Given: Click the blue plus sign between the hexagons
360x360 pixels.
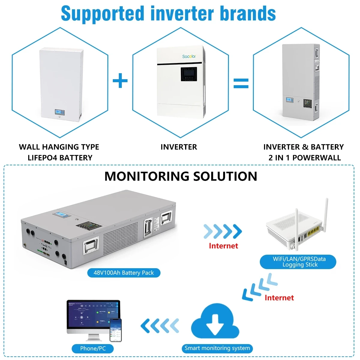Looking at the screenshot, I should pos(120,81).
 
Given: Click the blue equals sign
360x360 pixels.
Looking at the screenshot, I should pos(241,83).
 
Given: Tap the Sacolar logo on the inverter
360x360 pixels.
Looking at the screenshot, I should pos(189,56).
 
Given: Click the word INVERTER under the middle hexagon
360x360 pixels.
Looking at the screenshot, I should pos(179,147).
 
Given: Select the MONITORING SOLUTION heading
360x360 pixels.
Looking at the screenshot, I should pos(181,176).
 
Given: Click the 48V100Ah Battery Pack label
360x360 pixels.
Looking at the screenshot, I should pos(124,273).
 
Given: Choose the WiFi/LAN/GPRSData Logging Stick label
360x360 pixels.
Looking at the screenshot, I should pos(299,262).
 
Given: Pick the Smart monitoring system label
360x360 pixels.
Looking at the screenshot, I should pos(217,348).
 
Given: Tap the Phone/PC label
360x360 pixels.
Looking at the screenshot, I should pos(93,349).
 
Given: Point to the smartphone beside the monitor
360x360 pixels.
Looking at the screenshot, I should pos(115,330).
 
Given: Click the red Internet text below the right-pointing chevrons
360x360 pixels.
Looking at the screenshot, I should pos(223,246).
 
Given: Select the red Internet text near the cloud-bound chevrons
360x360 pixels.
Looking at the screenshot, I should pos(279,298).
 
